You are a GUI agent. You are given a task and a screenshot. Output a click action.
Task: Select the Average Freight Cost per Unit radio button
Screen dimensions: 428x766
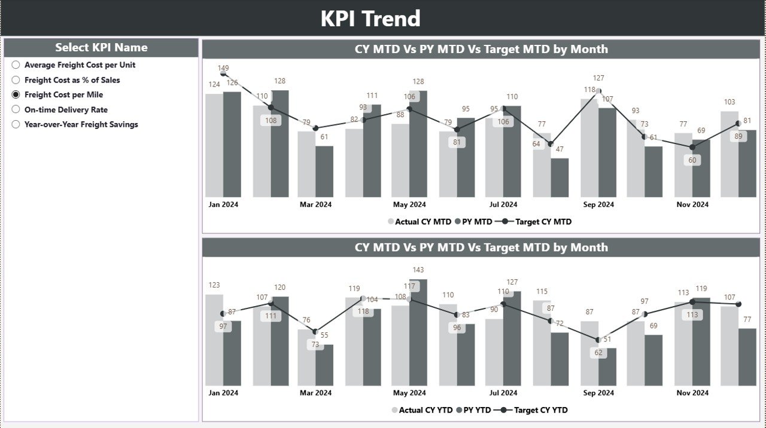[x=16, y=65]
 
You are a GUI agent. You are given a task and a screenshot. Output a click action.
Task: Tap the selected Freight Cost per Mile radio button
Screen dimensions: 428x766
[x=16, y=94]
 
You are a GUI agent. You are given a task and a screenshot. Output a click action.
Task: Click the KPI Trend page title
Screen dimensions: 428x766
[x=370, y=19]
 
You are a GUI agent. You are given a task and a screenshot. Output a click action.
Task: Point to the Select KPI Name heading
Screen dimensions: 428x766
[x=101, y=48]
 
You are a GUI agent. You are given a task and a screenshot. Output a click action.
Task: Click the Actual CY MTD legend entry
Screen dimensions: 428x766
[x=420, y=222]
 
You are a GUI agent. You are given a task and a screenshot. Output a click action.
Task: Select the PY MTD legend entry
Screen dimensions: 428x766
[x=473, y=222]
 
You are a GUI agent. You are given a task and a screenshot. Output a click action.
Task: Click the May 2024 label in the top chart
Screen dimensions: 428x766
[x=409, y=204]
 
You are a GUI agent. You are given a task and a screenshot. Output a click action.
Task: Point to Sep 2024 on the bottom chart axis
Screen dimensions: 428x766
[x=598, y=393]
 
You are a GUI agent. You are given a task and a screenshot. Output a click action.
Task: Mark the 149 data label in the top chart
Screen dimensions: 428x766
[x=223, y=68]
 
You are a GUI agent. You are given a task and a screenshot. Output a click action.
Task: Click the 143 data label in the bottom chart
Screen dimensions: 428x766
[x=418, y=270]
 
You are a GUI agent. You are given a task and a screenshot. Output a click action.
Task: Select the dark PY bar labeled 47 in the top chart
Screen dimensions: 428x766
[x=560, y=178]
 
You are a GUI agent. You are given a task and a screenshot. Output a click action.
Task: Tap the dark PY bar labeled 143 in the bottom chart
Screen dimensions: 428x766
[x=418, y=332]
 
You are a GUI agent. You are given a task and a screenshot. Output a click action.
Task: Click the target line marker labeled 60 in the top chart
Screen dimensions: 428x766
[x=692, y=147]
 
